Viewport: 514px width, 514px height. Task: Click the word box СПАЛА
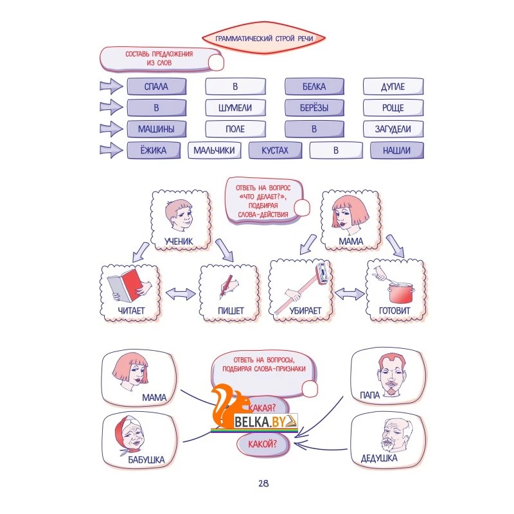(x=157, y=87)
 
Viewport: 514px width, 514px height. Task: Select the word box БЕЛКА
(x=314, y=87)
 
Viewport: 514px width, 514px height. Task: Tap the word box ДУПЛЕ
(x=393, y=87)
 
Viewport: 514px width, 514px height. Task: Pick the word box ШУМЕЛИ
(x=235, y=107)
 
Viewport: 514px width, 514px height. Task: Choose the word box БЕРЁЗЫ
(x=314, y=107)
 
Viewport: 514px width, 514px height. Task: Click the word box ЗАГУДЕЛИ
(x=393, y=129)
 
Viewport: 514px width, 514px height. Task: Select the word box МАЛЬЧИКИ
(x=215, y=150)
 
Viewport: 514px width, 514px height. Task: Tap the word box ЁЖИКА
(x=154, y=150)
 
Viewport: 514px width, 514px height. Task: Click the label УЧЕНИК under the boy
(x=179, y=242)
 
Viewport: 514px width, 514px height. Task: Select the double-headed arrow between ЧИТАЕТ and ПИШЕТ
(x=181, y=294)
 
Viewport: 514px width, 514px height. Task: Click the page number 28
(x=263, y=483)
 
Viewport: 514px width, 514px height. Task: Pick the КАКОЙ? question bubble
(x=263, y=444)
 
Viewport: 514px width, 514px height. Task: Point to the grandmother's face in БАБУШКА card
(x=130, y=434)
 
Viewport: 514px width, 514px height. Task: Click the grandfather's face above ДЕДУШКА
(x=396, y=434)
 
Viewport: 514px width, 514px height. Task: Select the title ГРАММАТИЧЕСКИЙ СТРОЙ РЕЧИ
(x=264, y=39)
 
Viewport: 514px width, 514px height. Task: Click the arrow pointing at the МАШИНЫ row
(x=111, y=128)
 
